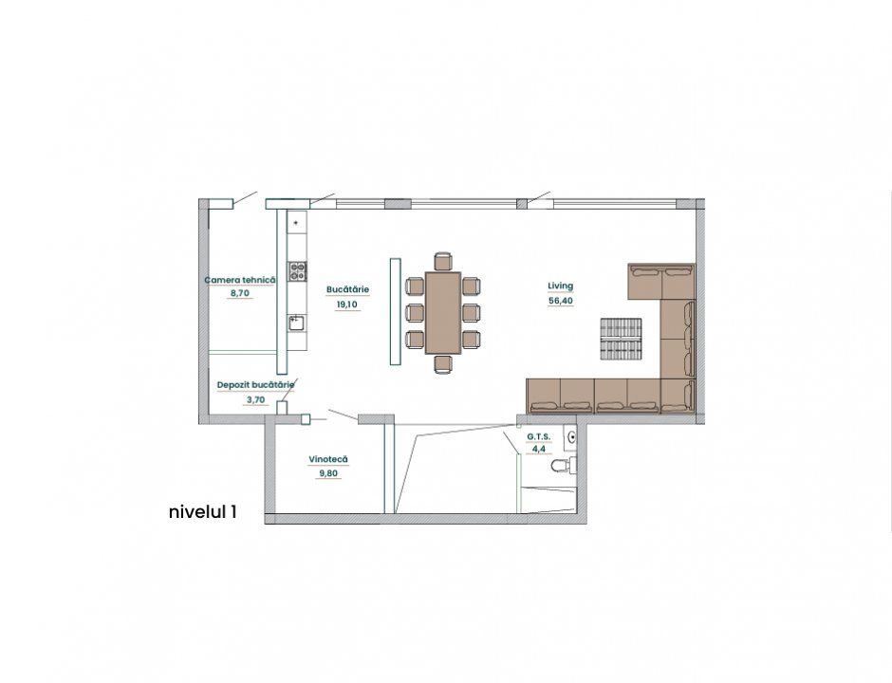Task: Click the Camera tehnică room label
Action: pyautogui.click(x=240, y=280)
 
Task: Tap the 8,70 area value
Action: pyautogui.click(x=239, y=293)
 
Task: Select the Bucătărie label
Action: pyautogui.click(x=347, y=289)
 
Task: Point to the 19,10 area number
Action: pyautogui.click(x=347, y=305)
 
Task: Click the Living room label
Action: pyautogui.click(x=560, y=286)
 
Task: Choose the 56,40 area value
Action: pyautogui.click(x=560, y=301)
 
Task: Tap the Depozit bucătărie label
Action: pyautogui.click(x=255, y=385)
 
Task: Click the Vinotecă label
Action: pyautogui.click(x=328, y=459)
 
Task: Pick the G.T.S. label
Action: pyautogui.click(x=539, y=436)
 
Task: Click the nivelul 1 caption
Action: pyautogui.click(x=202, y=512)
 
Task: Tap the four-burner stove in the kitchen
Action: pyautogui.click(x=297, y=270)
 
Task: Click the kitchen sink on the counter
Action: pyautogui.click(x=296, y=324)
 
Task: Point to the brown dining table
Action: pyautogui.click(x=442, y=313)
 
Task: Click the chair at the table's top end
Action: pyautogui.click(x=442, y=262)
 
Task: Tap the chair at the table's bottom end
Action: pyautogui.click(x=442, y=364)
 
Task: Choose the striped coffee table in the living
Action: pyautogui.click(x=621, y=339)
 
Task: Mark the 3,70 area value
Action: pyautogui.click(x=255, y=399)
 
